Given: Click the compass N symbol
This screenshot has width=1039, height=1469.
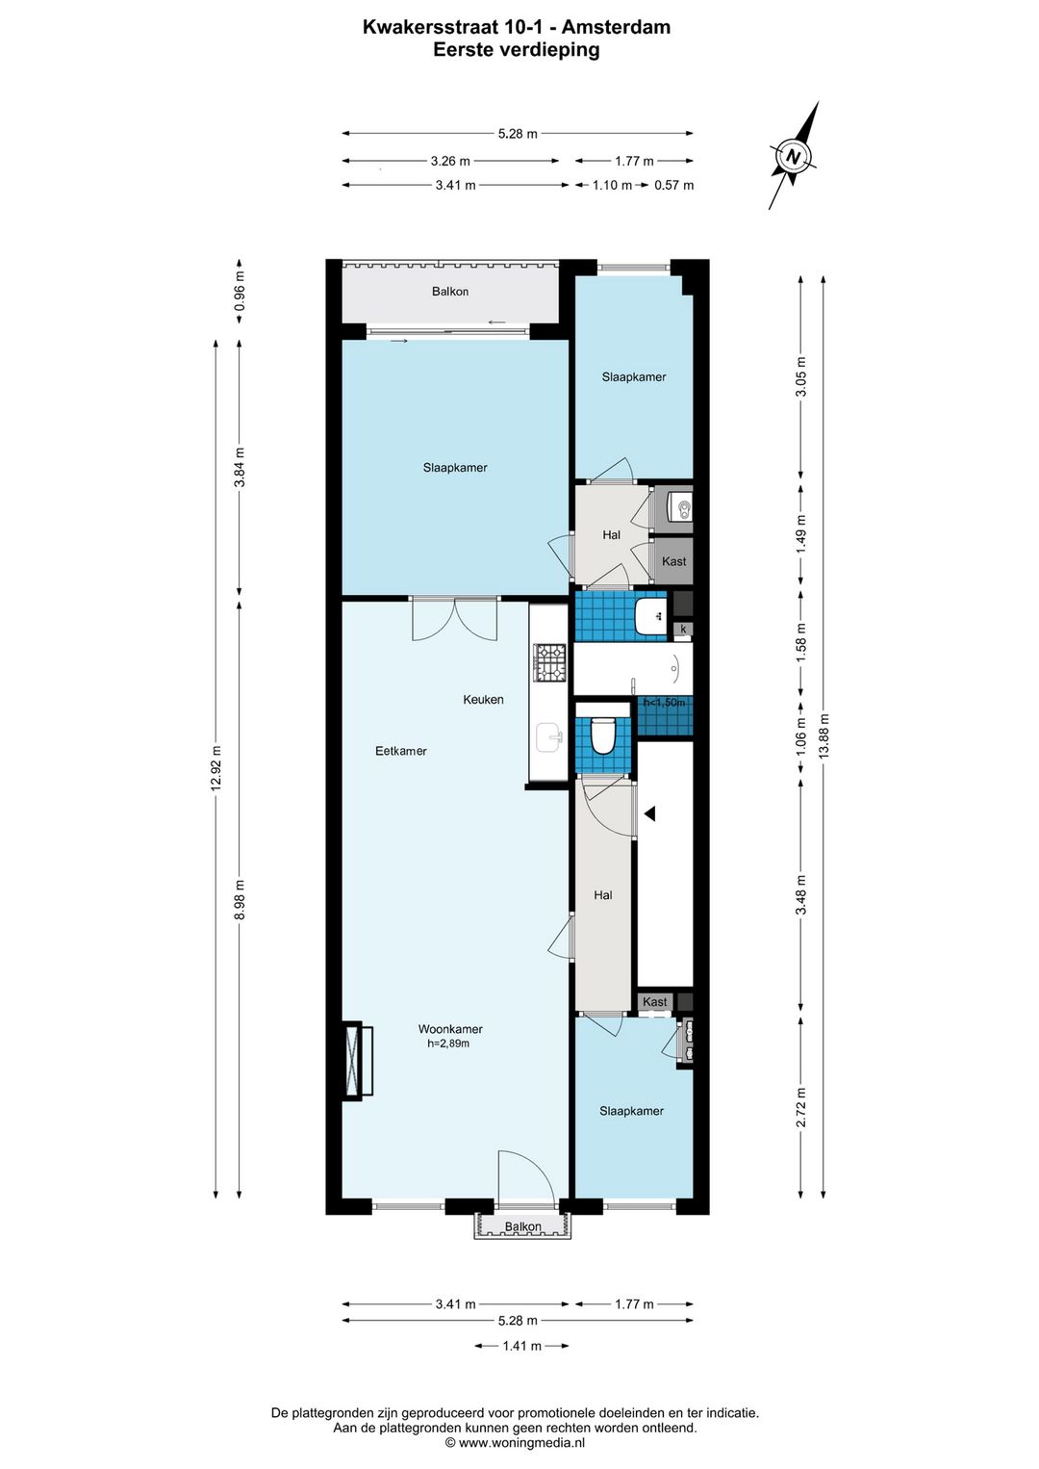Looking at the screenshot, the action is click(794, 157).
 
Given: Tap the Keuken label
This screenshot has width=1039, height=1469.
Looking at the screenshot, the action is click(483, 700).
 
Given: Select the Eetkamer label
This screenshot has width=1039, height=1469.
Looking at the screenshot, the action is click(400, 752).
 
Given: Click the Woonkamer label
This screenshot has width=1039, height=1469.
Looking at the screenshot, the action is click(450, 1030).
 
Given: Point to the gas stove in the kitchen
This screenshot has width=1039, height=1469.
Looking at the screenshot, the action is click(550, 662).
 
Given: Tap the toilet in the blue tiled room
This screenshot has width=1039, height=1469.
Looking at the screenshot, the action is click(601, 735).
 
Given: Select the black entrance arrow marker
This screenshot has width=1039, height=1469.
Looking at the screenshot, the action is click(649, 813).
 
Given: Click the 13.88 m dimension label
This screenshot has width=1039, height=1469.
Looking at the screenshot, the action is click(824, 735).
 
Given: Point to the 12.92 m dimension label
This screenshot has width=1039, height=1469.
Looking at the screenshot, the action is click(216, 768).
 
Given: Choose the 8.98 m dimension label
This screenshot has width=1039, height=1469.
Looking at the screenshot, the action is click(240, 900).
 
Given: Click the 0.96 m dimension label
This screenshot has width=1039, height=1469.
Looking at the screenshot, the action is click(240, 291).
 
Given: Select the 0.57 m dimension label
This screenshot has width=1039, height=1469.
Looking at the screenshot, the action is click(673, 185).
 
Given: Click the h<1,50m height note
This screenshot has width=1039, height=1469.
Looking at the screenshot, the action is click(665, 703).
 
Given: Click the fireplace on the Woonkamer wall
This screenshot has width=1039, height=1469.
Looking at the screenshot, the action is click(358, 1061).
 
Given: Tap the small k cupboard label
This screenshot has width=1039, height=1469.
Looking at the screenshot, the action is click(684, 629).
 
